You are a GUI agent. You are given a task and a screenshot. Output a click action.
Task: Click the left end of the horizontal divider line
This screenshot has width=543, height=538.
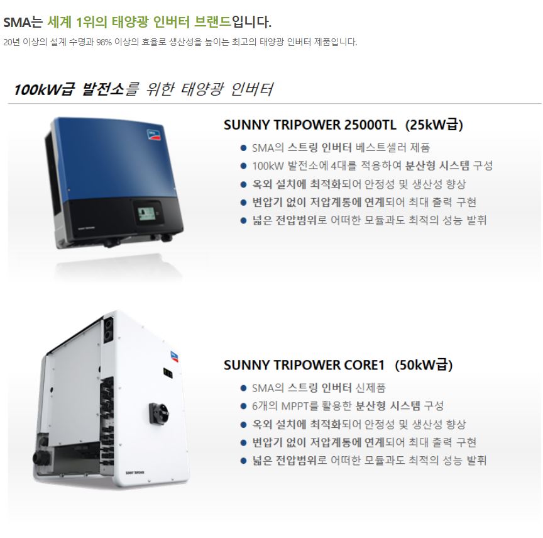[8, 103]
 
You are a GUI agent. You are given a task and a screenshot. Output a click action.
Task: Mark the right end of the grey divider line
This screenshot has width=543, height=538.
[541, 103]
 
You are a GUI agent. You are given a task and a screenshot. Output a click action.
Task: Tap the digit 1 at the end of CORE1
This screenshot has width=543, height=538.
[381, 366]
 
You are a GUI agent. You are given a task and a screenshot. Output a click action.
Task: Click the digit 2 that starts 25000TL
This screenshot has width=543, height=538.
[348, 125]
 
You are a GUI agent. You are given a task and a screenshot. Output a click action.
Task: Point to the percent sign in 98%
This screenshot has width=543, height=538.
[107, 42]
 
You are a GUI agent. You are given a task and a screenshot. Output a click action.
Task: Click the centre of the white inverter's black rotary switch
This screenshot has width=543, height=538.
[159, 413]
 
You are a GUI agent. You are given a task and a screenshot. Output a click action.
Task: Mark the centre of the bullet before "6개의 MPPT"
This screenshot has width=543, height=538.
[243, 406]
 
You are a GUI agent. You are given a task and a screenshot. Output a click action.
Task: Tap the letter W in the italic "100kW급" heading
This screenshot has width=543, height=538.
[54, 89]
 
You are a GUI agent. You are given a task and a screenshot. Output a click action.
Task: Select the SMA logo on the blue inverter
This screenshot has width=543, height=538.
[154, 135]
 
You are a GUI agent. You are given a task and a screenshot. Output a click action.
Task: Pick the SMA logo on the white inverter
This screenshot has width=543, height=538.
[175, 357]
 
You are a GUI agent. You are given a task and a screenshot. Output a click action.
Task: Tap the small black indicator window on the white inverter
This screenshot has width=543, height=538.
[168, 373]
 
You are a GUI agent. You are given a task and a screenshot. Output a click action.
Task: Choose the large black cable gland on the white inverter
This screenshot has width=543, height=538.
[41, 457]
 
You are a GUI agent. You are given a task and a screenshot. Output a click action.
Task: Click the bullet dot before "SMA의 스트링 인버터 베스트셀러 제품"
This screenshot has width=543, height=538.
[243, 148]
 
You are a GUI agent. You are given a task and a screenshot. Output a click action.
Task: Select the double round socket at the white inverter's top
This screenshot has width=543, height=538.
[108, 330]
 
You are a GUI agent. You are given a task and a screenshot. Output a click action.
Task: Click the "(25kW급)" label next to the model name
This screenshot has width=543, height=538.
[434, 125]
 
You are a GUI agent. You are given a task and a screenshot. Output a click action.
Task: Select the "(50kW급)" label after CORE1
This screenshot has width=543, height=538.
[424, 366]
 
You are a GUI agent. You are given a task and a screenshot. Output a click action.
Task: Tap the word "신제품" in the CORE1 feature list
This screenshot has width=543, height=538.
[371, 388]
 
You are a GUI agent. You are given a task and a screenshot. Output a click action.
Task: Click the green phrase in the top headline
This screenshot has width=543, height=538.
[140, 22]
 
